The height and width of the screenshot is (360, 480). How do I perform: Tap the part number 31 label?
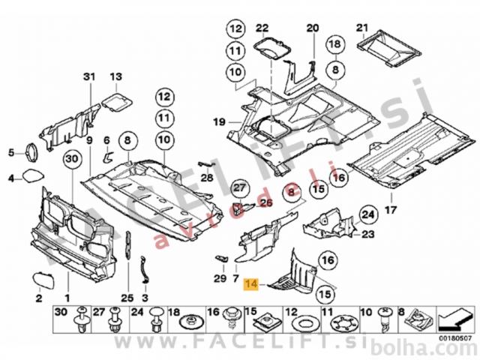point(89,77)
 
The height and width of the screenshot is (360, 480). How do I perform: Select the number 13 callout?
point(115,77)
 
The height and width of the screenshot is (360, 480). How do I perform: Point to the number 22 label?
point(261,28)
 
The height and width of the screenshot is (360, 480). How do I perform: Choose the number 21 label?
point(363,28)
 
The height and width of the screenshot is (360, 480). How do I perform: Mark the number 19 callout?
point(218,122)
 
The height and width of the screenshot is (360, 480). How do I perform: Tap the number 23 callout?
point(367,235)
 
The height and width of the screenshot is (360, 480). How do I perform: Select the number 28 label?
point(207,177)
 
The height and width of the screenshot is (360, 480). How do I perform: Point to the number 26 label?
point(266,202)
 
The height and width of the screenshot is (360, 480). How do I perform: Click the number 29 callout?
point(218,279)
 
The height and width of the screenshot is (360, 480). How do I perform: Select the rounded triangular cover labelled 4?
point(31,178)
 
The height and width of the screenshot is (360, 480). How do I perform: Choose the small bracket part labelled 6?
point(107,156)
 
